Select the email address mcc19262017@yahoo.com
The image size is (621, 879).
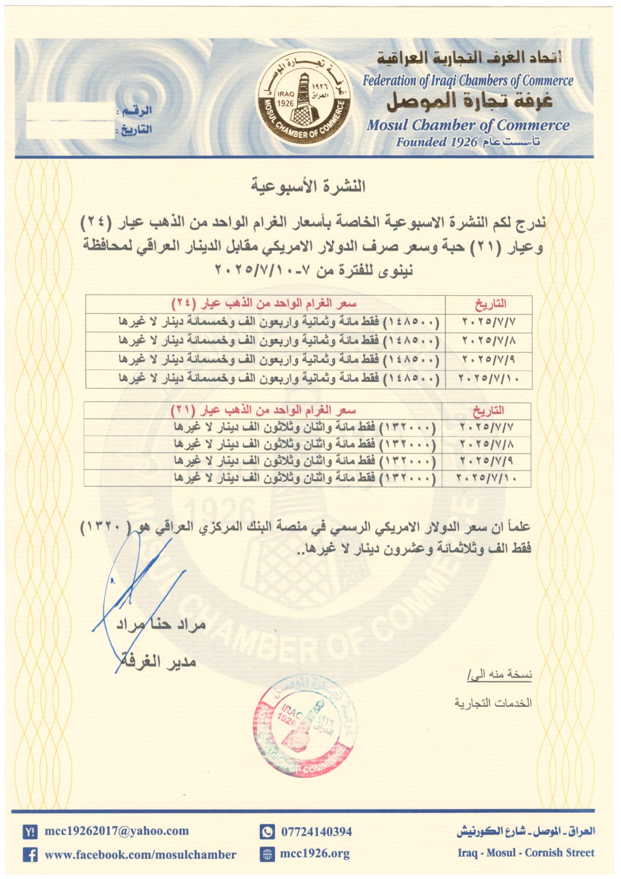[x=117, y=831]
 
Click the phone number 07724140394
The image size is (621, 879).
[x=316, y=832]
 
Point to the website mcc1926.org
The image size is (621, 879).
[x=315, y=853]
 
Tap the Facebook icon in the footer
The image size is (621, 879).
[x=30, y=854]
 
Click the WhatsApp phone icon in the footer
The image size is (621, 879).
[x=267, y=832]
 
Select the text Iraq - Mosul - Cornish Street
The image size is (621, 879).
[x=526, y=853]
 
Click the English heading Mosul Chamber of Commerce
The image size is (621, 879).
[x=468, y=125]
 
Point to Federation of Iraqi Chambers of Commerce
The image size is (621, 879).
[x=468, y=81]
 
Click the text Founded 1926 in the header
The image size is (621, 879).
[x=437, y=142]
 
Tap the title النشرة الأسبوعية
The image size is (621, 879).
[x=308, y=186]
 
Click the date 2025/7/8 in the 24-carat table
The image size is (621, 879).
[x=488, y=341]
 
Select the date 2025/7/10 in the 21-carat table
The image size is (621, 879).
[x=486, y=478]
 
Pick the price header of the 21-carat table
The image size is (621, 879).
[x=263, y=411]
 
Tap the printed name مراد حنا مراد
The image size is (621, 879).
[x=161, y=624]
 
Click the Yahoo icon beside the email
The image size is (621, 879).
[x=30, y=832]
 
